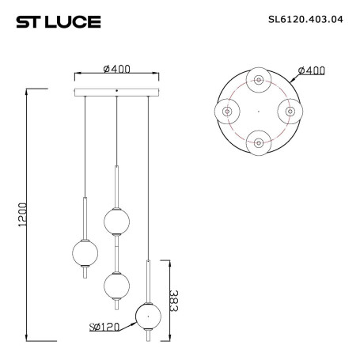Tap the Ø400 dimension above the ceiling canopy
[116, 70]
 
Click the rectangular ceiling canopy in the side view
[116, 93]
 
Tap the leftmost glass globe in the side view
[84, 252]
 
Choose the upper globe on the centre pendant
[116, 221]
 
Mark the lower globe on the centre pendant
[116, 282]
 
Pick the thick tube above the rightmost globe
[147, 279]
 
